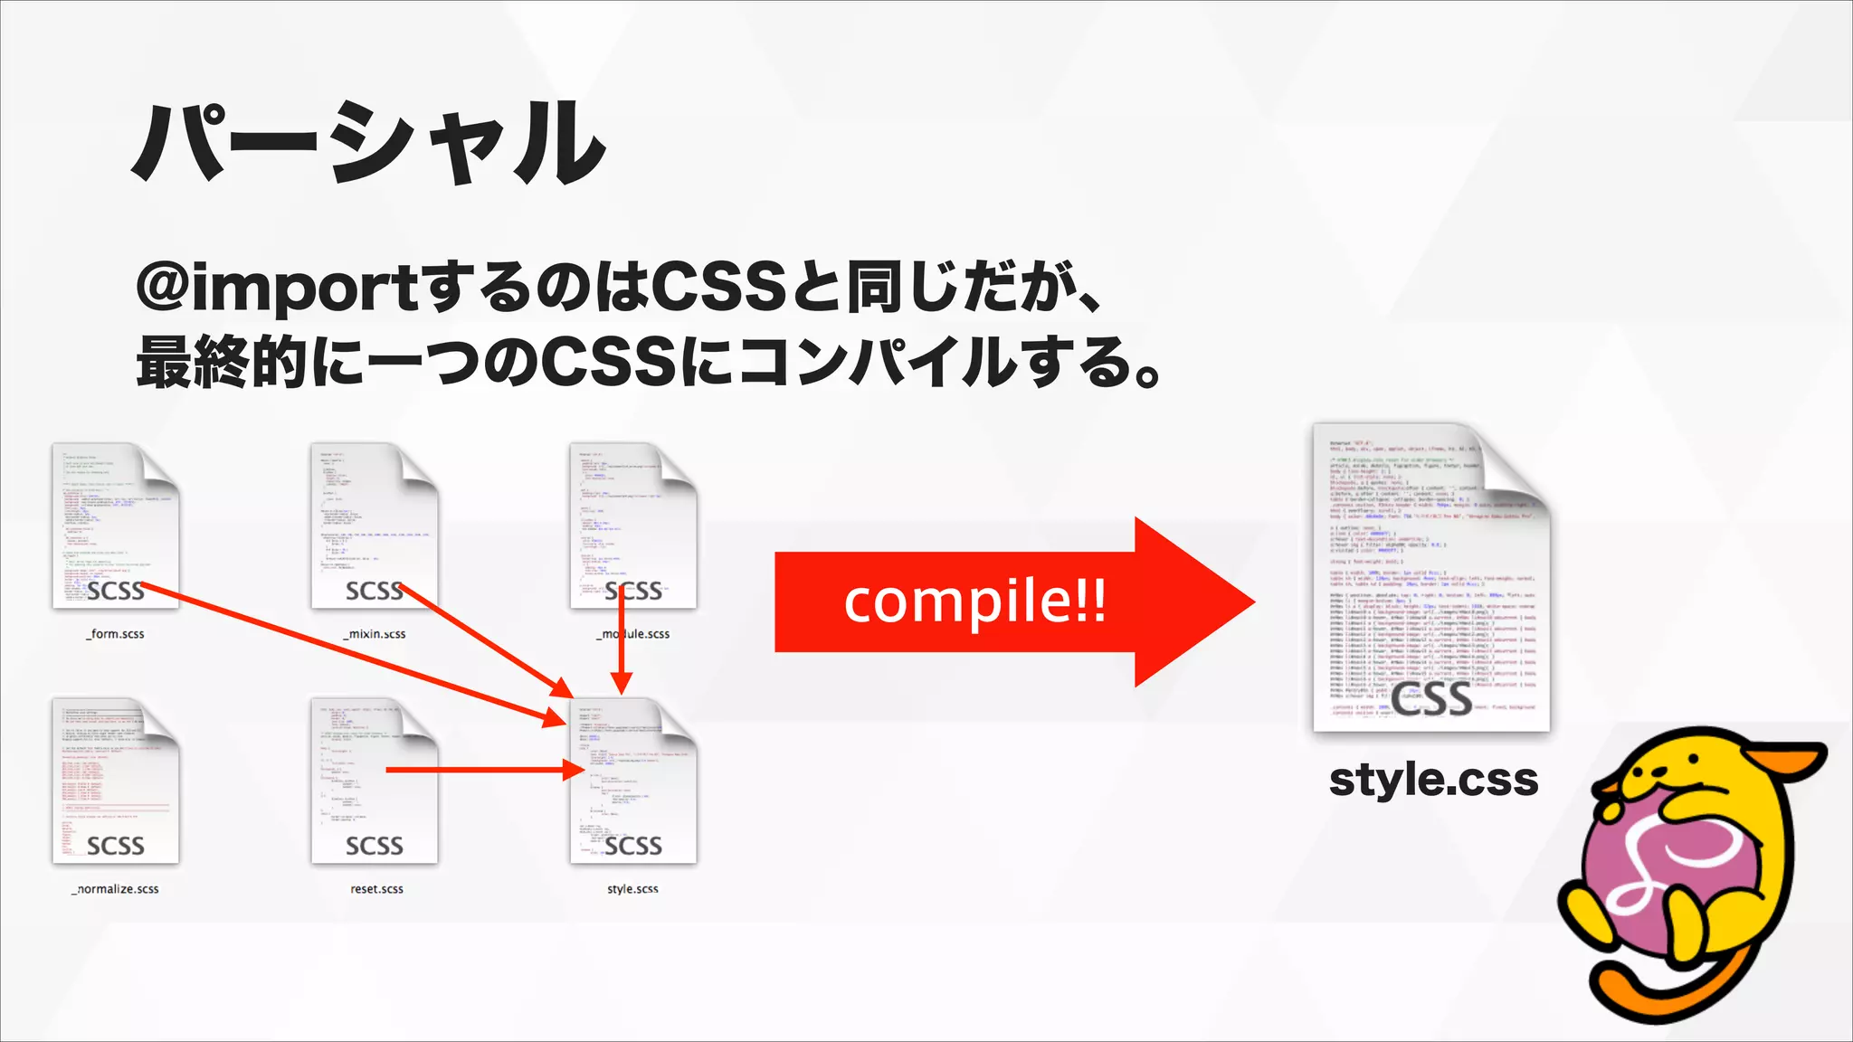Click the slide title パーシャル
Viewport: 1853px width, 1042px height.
[369, 145]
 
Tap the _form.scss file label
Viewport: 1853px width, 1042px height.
[115, 634]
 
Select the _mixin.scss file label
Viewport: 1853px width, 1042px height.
[375, 634]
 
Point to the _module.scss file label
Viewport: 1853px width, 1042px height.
[633, 634]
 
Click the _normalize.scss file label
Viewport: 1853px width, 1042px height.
[115, 889]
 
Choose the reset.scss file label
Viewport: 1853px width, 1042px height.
[376, 889]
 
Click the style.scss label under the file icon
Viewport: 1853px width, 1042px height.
[632, 889]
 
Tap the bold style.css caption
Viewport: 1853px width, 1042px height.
[1433, 780]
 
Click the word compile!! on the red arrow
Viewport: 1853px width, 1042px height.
[974, 602]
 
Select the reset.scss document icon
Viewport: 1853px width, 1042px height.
[374, 780]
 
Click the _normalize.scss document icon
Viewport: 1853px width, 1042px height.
[115, 780]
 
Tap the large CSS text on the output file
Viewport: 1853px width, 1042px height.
[1431, 698]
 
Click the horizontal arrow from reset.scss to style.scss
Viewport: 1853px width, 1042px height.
[480, 770]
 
